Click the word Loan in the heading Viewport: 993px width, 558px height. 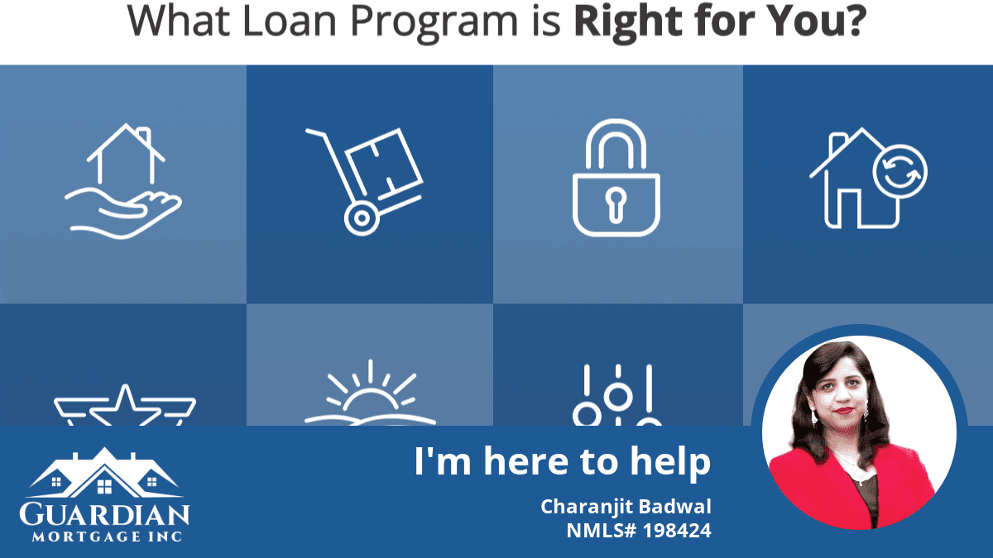[x=290, y=21]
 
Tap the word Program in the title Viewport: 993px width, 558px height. [x=434, y=23]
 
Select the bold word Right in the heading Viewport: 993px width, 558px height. [x=628, y=23]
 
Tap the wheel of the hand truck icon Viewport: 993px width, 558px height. [x=362, y=218]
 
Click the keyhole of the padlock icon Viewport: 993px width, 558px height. [x=616, y=205]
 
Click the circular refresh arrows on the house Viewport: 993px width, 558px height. [x=900, y=172]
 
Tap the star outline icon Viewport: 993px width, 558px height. [x=125, y=406]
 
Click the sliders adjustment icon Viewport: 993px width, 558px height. [x=617, y=395]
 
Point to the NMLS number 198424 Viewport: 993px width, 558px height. [x=677, y=531]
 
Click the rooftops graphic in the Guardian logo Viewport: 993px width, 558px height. [x=104, y=473]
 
